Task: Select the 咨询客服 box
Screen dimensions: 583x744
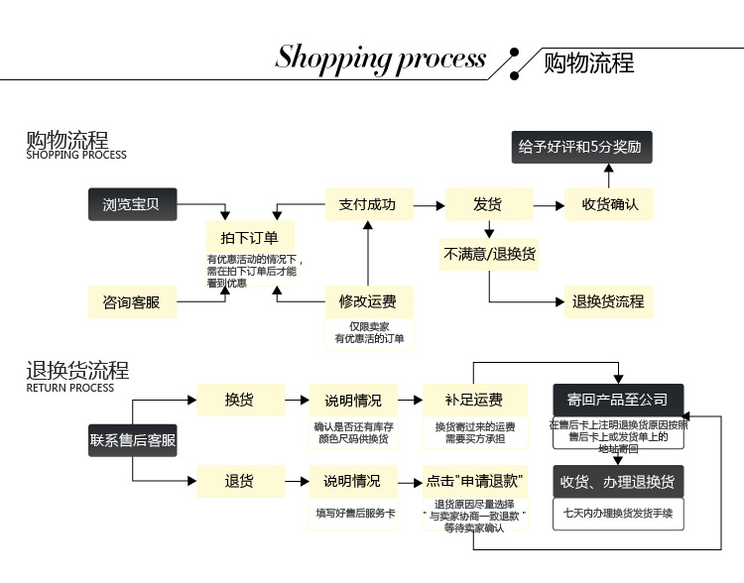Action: [131, 301]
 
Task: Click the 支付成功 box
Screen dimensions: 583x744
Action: [367, 205]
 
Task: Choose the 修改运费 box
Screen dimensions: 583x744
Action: [367, 301]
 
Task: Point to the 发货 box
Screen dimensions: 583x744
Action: [487, 205]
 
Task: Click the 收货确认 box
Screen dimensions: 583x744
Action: [610, 205]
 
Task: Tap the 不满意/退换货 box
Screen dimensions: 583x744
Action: [489, 254]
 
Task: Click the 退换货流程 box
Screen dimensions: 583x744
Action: [608, 301]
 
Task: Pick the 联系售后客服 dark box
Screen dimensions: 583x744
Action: [133, 440]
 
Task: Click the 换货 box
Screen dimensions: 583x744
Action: [239, 401]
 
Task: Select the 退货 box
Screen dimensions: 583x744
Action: [239, 481]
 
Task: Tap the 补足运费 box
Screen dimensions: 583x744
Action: [474, 401]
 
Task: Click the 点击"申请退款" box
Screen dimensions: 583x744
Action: [474, 481]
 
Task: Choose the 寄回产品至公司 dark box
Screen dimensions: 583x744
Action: [618, 401]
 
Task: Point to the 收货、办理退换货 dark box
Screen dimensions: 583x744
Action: [618, 481]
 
